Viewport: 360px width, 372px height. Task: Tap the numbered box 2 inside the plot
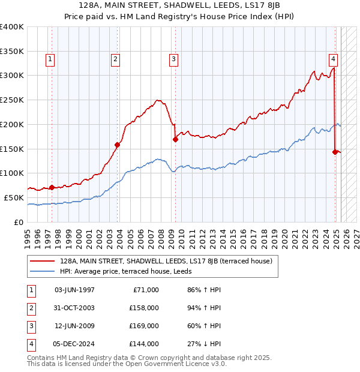pos(115,59)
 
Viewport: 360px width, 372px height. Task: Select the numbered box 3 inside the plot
pos(173,59)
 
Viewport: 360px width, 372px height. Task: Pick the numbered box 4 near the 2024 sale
pos(332,59)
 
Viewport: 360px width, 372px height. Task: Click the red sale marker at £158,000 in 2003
pos(118,145)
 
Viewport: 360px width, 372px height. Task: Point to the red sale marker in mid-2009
pos(176,139)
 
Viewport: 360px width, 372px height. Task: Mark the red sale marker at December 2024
pos(335,152)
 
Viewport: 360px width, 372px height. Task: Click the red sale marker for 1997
pos(52,187)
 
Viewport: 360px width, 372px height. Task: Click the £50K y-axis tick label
pos(14,197)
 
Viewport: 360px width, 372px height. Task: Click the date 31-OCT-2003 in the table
pos(74,308)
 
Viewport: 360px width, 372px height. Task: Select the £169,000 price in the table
pos(145,326)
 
